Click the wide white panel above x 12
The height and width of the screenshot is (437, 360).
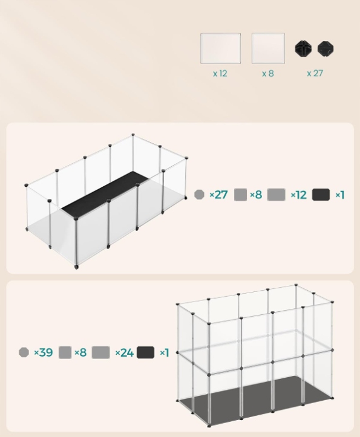point(220,48)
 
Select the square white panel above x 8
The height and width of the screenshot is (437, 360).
point(268,48)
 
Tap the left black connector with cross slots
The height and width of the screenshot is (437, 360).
point(303,49)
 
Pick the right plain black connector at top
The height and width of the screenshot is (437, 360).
point(326,49)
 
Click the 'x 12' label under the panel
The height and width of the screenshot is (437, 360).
point(220,74)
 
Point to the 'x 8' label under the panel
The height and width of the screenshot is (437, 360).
point(268,74)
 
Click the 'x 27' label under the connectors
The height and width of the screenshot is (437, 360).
point(315,73)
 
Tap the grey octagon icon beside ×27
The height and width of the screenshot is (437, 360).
point(199,195)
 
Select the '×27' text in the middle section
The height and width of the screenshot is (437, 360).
point(218,195)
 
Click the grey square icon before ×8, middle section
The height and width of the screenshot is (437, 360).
point(240,195)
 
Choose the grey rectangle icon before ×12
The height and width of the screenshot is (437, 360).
point(277,195)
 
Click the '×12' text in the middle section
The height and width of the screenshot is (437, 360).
point(299,195)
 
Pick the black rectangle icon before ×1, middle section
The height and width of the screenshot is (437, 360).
point(321,195)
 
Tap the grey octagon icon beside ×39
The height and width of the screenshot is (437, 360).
point(24,352)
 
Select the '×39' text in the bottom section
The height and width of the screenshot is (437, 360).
point(43,352)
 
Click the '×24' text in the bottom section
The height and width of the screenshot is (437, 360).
point(125,352)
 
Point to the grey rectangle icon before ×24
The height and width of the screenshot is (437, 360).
point(101,352)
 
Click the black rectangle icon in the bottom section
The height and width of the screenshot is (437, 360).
point(145,352)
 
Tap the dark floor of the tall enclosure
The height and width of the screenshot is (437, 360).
point(255,401)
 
